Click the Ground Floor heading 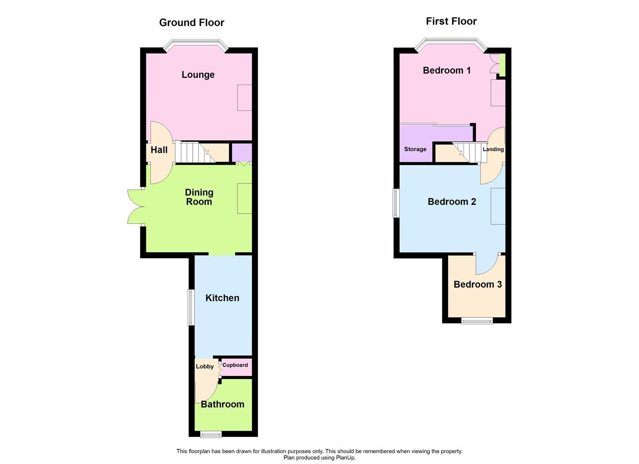tap(191, 23)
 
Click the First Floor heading tap(451, 21)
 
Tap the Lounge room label tap(198, 75)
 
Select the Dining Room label tap(199, 197)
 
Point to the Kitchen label tap(222, 298)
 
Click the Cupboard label tap(235, 365)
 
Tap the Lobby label tap(204, 366)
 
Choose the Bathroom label tap(222, 404)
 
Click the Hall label tap(159, 150)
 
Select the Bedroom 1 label tap(447, 70)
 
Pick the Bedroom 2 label tap(452, 202)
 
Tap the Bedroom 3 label tap(478, 284)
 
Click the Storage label tap(415, 150)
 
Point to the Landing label tap(493, 150)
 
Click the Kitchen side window tap(191, 307)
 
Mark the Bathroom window tap(211, 434)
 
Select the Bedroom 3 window tap(477, 321)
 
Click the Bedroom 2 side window tap(396, 203)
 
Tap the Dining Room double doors tap(136, 206)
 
